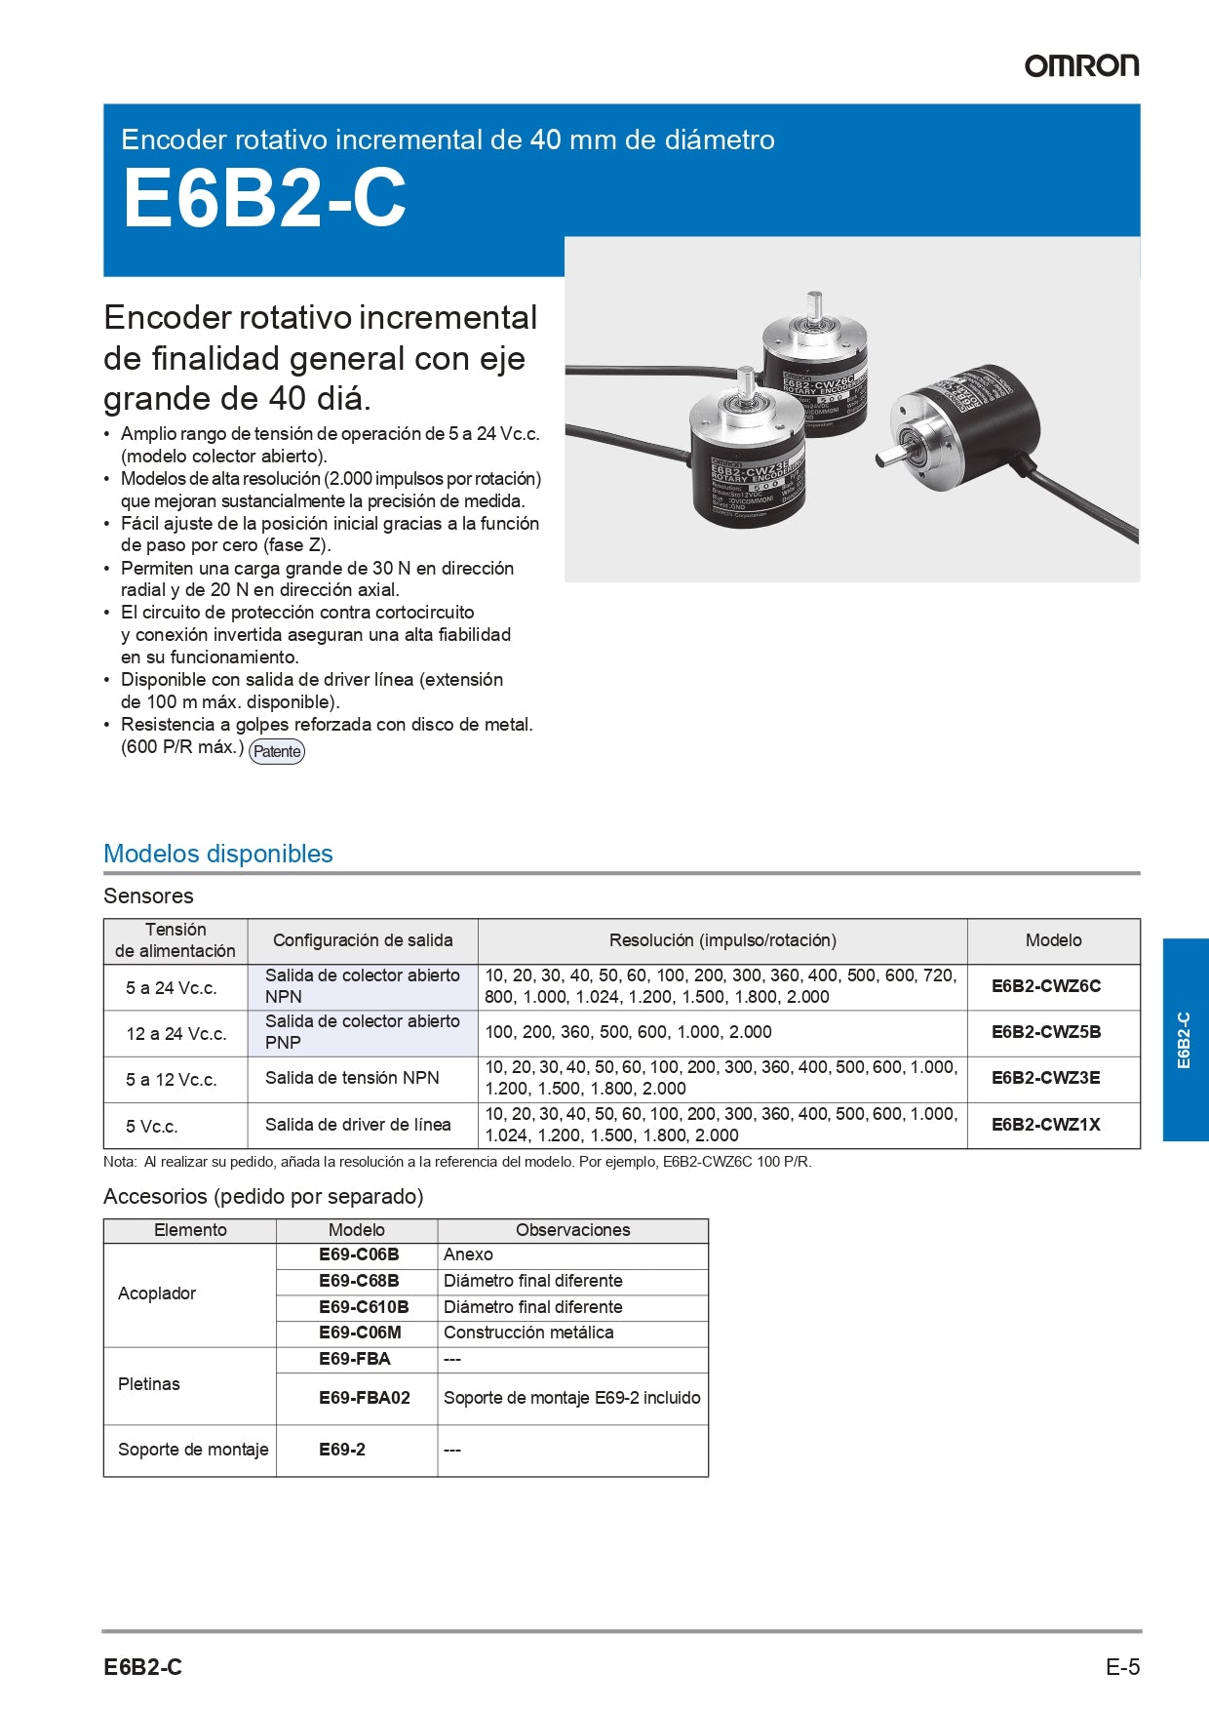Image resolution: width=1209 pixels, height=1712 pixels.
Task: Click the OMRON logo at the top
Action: pos(1080,65)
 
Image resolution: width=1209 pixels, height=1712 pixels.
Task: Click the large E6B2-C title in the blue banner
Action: pos(264,199)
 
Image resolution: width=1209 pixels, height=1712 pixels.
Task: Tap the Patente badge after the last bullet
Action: pos(277,751)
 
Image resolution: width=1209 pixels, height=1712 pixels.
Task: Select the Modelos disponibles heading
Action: pos(218,854)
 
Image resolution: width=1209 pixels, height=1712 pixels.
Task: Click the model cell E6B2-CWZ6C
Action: pos(1046,986)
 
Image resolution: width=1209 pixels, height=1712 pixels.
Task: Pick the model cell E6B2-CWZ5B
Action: pos(1046,1032)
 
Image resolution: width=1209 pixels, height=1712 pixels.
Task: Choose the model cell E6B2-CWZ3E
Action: pos(1046,1078)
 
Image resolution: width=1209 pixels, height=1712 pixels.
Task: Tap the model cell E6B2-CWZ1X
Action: pos(1046,1125)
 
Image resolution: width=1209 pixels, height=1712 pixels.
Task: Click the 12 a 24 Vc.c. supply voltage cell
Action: pos(175,1033)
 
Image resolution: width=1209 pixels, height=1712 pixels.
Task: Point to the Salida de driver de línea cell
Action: pos(358,1125)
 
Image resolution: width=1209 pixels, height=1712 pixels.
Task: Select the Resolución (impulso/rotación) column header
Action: pos(722,940)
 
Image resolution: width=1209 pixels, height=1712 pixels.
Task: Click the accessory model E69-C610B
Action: pos(364,1307)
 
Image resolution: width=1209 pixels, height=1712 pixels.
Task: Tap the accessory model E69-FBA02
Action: pos(364,1398)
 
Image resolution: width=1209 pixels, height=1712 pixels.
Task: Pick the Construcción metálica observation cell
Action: pos(528,1333)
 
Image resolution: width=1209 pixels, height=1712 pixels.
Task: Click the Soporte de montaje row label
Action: pos(193,1450)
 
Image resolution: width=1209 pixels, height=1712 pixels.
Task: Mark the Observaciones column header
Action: pos(572,1230)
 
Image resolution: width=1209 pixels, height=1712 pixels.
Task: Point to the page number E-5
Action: pos(1122,1667)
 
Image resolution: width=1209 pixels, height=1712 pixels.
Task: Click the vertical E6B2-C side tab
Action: pos(1185,1040)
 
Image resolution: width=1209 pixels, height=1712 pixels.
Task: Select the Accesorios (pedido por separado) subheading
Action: pos(263,1196)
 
